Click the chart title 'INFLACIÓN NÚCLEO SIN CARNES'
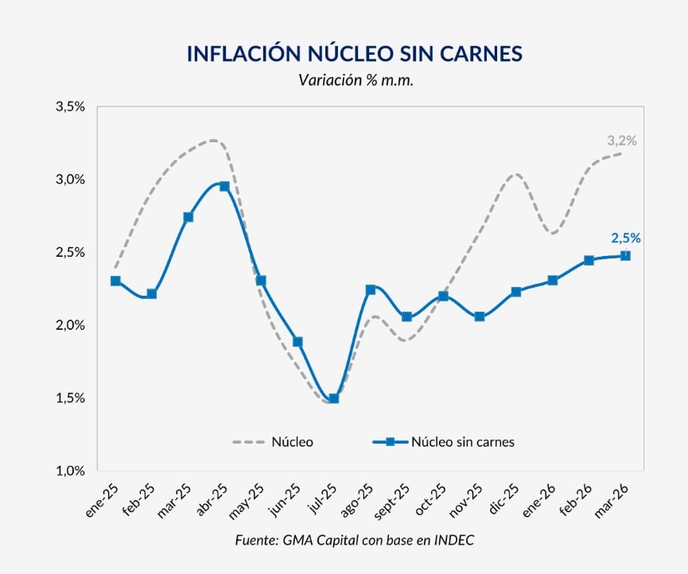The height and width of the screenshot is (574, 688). (x=354, y=53)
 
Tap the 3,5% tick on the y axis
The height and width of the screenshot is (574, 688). (x=71, y=107)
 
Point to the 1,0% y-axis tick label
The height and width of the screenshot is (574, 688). (x=71, y=471)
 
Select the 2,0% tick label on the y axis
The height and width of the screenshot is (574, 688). (x=71, y=325)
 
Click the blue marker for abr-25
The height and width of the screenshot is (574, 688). (x=224, y=186)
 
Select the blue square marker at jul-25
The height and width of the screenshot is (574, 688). (x=334, y=398)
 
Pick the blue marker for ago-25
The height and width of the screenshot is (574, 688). (x=370, y=289)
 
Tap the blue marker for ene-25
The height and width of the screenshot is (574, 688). (x=115, y=281)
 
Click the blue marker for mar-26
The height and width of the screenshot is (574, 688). (x=625, y=255)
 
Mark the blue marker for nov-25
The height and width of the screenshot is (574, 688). (x=480, y=316)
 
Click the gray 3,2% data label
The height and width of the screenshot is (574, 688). (x=621, y=141)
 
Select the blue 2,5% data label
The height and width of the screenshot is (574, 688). (x=625, y=238)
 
